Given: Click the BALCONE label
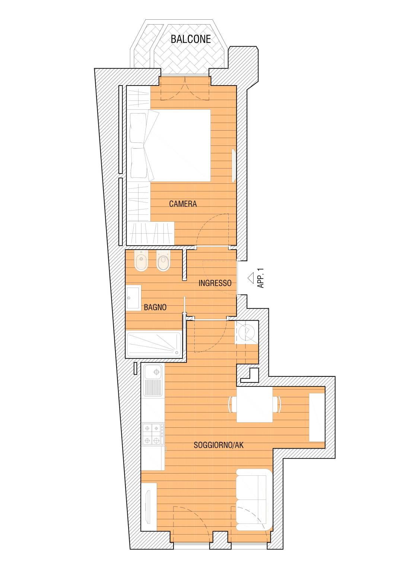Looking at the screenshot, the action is coord(191,39).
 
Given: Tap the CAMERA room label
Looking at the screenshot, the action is coord(183,204).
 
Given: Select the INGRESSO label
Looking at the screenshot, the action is coord(215,283).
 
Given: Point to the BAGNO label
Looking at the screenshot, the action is coord(155,307).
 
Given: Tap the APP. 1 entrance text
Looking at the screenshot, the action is coord(261,278).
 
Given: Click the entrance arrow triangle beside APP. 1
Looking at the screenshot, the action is coord(251,278).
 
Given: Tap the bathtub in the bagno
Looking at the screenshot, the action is coord(154,344).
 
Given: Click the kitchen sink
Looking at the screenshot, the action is coord(153,380).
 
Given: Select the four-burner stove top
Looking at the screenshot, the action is coord(153,434).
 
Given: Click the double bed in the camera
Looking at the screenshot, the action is coord(170,145).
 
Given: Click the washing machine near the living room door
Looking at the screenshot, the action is coord(246,333).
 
